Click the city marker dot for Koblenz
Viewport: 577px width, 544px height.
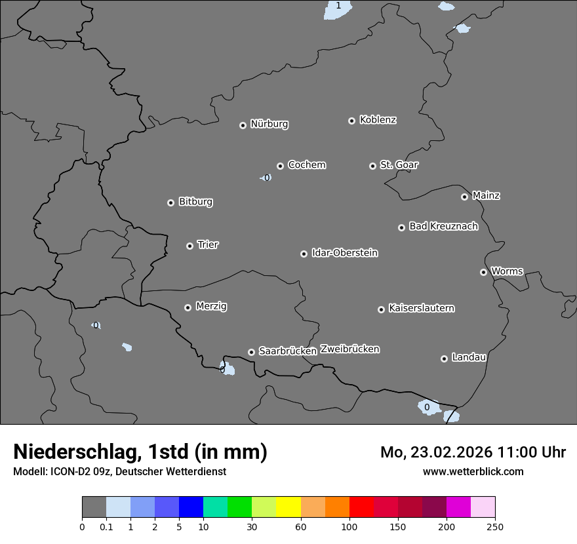click(x=351, y=121)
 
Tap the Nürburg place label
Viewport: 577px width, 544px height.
click(x=269, y=124)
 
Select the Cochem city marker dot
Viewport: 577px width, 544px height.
click(x=280, y=166)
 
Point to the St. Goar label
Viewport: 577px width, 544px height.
click(x=399, y=165)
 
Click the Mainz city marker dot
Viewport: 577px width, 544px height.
click(x=464, y=197)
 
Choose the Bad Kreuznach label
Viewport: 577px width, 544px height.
click(x=443, y=226)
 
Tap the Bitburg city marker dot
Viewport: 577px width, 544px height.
click(x=170, y=203)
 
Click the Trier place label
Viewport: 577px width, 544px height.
click(x=208, y=244)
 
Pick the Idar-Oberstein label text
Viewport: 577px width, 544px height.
click(x=344, y=252)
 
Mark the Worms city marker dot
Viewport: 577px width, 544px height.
click(x=483, y=272)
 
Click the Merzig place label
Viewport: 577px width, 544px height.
click(x=211, y=306)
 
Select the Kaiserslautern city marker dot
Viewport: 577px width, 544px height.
click(x=381, y=309)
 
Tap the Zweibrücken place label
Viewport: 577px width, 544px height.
click(x=349, y=349)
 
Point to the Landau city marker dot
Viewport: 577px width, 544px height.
click(x=444, y=359)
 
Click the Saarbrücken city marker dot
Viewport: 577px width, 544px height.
click(x=251, y=352)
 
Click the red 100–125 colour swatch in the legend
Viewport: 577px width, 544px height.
click(x=361, y=507)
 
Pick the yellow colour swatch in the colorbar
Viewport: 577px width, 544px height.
click(x=288, y=507)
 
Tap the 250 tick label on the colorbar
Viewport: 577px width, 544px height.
click(x=495, y=526)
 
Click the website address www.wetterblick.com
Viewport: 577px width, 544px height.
click(x=473, y=471)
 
